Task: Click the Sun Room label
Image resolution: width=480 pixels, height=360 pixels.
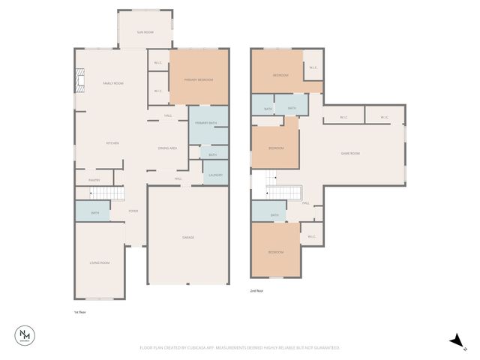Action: point(145,32)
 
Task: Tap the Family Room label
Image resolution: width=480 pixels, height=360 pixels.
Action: point(113,83)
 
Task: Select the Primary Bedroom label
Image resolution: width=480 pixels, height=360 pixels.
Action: point(199,79)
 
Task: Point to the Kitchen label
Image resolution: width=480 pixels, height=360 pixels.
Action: point(112,142)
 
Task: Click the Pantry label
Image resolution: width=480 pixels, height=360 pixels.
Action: point(94,180)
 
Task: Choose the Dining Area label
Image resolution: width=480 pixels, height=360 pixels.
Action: point(167,148)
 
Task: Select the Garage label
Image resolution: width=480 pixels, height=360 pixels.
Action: point(188,238)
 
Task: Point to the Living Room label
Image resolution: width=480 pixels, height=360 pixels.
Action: point(100,262)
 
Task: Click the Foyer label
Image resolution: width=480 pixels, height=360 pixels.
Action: point(133,211)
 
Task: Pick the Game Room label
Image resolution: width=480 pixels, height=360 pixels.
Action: point(351,153)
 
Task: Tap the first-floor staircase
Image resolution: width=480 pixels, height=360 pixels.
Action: point(106,193)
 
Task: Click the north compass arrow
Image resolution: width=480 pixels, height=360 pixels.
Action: point(456,341)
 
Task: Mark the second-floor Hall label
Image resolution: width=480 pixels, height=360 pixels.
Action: point(306,203)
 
